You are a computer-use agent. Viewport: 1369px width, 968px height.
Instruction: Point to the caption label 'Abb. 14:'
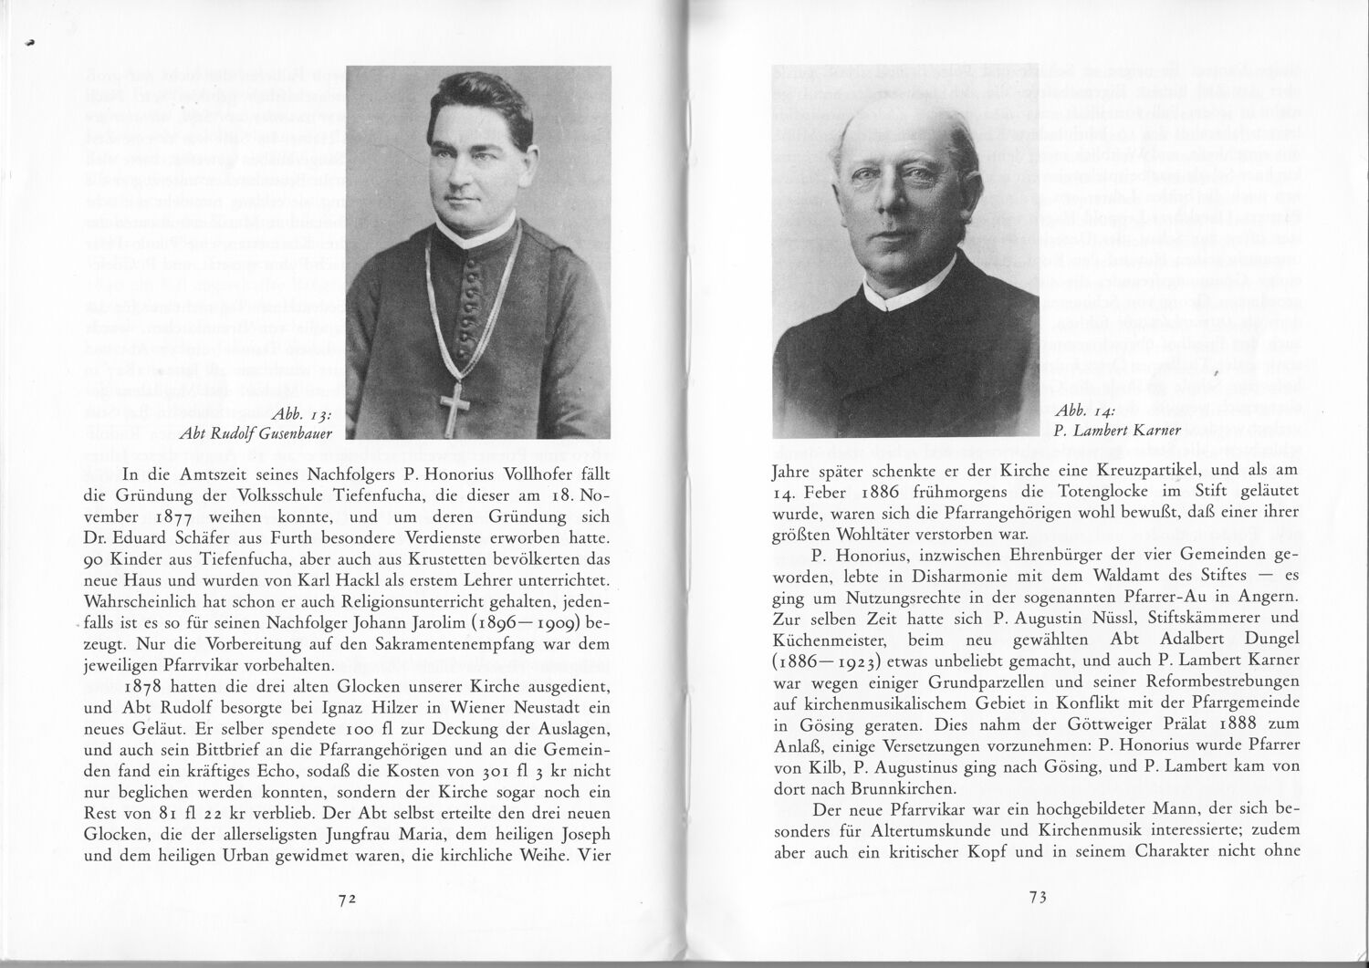point(1082,411)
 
